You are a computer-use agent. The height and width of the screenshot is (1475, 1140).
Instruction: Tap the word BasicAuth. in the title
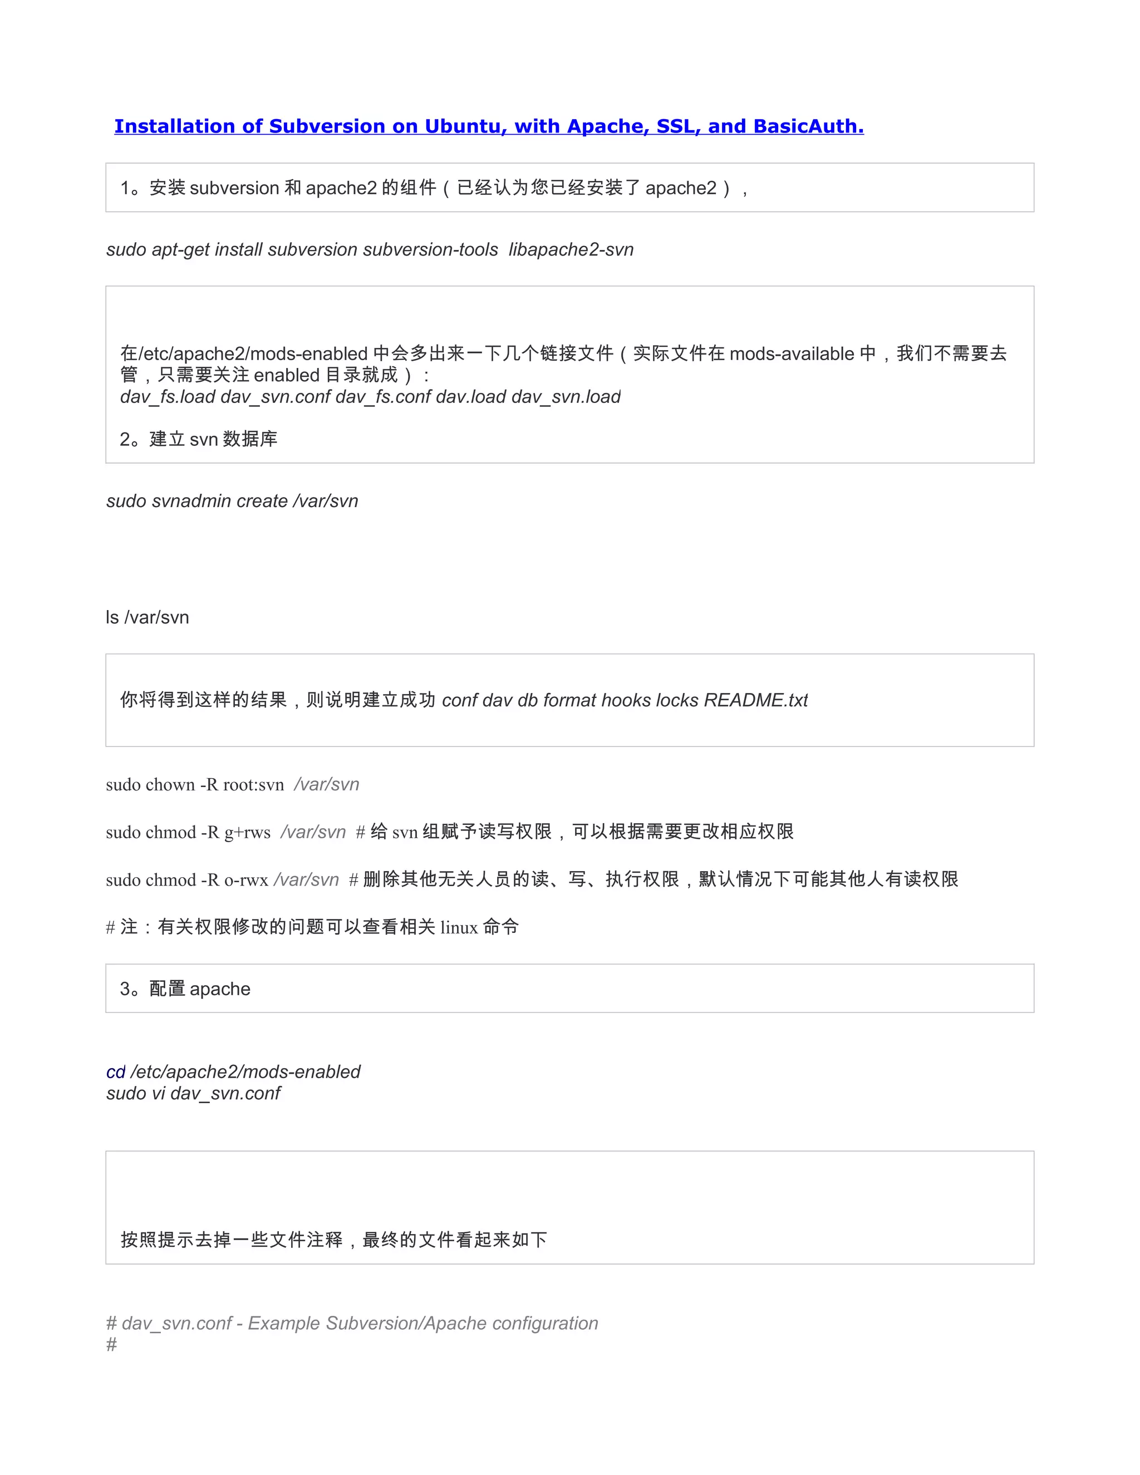[x=808, y=126]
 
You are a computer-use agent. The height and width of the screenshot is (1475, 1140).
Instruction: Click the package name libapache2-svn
[x=571, y=250]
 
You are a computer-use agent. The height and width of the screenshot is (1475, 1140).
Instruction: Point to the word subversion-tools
[x=430, y=250]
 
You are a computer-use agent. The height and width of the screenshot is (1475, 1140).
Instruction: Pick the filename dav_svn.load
[x=566, y=397]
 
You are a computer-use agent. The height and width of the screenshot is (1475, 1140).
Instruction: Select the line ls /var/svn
[x=147, y=617]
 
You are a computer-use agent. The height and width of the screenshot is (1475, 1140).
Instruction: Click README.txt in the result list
[x=756, y=700]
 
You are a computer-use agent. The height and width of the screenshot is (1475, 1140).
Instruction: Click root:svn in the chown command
[x=253, y=785]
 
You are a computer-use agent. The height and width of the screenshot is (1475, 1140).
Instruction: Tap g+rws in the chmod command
[x=247, y=833]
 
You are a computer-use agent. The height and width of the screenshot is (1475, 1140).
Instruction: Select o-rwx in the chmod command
[x=246, y=880]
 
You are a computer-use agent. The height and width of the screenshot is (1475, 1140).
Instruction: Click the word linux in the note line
[x=459, y=928]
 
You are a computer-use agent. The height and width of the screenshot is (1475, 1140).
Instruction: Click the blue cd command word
[x=115, y=1073]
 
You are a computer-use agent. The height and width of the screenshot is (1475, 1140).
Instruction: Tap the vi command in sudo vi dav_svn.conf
[x=158, y=1093]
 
